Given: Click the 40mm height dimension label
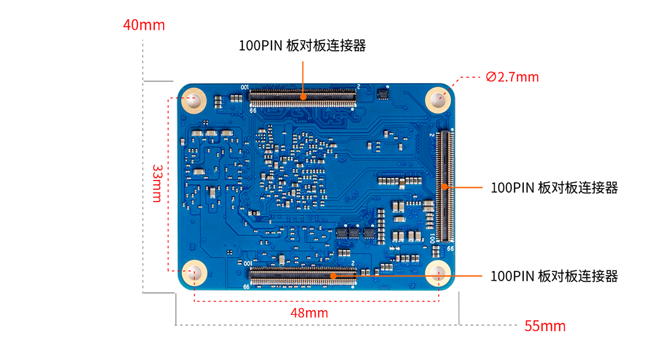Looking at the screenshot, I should click(x=144, y=25).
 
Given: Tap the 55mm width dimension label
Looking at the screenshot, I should click(x=544, y=326).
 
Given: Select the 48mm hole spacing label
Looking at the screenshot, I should click(x=309, y=313).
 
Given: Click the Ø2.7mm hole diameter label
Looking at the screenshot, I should click(x=512, y=77).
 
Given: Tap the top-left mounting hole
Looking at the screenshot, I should click(x=194, y=101).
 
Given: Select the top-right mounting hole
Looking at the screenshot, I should click(x=438, y=101).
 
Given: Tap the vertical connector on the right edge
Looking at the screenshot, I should click(x=445, y=187).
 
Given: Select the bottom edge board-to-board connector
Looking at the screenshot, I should click(x=302, y=275).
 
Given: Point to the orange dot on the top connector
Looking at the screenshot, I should click(x=303, y=96).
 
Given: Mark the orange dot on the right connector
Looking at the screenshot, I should click(x=445, y=187).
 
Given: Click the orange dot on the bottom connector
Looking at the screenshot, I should click(x=333, y=275).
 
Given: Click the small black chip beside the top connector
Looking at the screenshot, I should click(x=382, y=94).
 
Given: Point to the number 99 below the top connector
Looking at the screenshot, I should click(x=253, y=110).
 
